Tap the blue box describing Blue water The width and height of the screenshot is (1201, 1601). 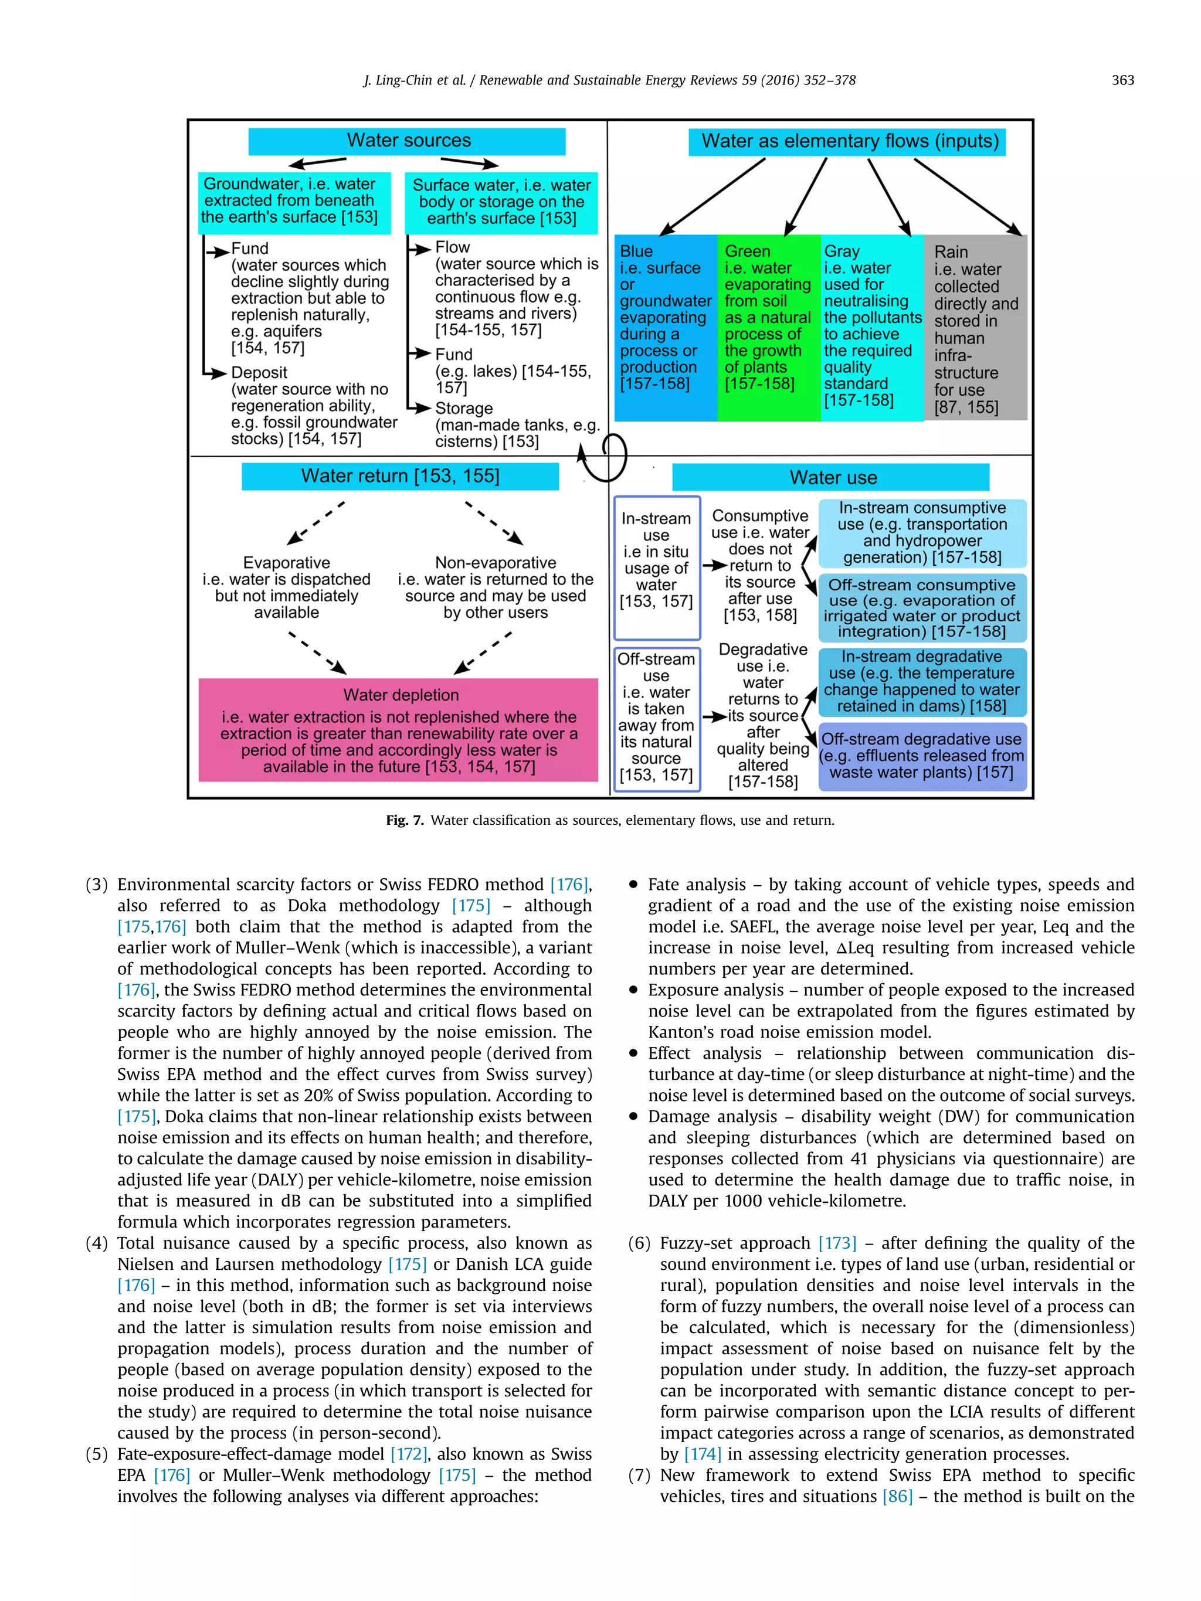(x=665, y=327)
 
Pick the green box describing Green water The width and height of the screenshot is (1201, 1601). (x=768, y=327)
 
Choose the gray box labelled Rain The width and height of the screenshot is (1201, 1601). (x=975, y=327)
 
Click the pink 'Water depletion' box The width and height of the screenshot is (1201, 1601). (x=398, y=730)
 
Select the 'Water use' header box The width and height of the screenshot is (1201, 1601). (x=830, y=478)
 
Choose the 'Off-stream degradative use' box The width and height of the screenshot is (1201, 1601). (x=921, y=756)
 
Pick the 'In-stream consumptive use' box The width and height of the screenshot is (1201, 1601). (x=921, y=533)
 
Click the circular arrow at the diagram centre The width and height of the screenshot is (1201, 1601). (x=605, y=457)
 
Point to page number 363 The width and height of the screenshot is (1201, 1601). (x=1122, y=80)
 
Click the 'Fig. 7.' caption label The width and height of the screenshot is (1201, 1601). (x=404, y=820)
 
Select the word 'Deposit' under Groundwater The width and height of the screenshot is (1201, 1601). (x=259, y=373)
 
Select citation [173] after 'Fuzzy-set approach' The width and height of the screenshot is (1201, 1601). (x=837, y=1243)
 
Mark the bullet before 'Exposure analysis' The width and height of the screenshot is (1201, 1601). (x=633, y=990)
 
